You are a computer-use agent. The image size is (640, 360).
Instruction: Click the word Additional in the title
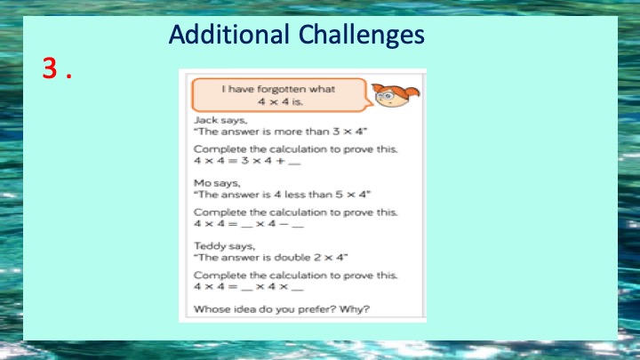tap(229, 35)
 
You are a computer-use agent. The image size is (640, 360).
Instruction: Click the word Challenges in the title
tap(362, 36)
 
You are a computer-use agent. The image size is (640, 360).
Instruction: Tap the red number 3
tap(50, 68)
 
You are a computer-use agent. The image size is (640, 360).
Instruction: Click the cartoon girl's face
tap(390, 98)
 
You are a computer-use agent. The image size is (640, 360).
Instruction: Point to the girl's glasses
tap(386, 96)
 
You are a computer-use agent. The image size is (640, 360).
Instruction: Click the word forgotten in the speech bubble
tap(282, 89)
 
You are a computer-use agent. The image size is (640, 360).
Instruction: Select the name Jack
tap(205, 120)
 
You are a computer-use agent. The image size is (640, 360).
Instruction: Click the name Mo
tap(203, 183)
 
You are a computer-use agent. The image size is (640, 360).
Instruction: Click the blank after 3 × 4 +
tap(294, 164)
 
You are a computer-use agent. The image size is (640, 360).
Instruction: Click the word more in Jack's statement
tap(288, 132)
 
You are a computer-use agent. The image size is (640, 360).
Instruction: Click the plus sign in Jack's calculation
tap(280, 160)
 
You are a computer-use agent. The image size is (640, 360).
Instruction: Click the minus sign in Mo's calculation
tap(283, 224)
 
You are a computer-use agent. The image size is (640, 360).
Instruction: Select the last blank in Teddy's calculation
tap(298, 290)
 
